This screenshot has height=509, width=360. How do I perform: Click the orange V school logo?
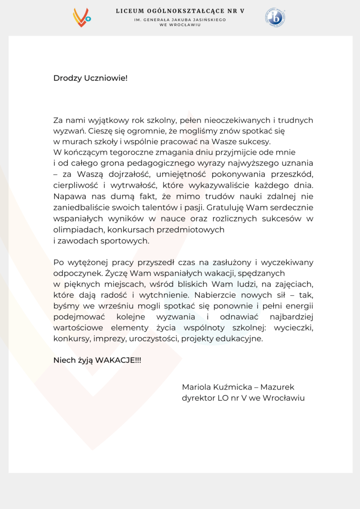coord(81,18)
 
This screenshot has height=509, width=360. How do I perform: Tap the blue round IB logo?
coord(276,17)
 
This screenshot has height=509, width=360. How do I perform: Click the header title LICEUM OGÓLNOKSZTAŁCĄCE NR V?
coord(180,11)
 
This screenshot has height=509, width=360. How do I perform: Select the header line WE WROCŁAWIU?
coord(180,25)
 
